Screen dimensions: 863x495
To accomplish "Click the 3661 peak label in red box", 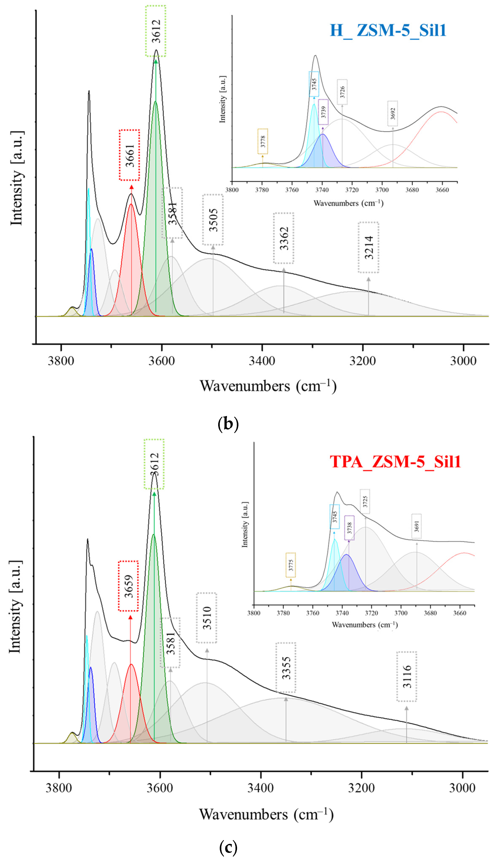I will tap(129, 155).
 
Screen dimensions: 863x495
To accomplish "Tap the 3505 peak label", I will tap(213, 220).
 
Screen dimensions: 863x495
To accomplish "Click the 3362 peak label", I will tap(284, 238).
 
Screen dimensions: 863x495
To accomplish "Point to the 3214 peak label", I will tap(368, 247).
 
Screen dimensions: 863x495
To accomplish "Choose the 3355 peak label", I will tap(286, 668).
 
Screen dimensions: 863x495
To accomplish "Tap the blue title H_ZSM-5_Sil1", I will tap(388, 30).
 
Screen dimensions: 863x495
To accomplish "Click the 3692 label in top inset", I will tap(393, 114).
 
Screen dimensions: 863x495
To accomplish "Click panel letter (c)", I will tap(228, 847).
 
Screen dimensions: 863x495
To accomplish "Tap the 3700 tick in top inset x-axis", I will tap(382, 190).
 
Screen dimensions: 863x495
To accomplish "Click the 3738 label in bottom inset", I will tap(349, 528).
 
